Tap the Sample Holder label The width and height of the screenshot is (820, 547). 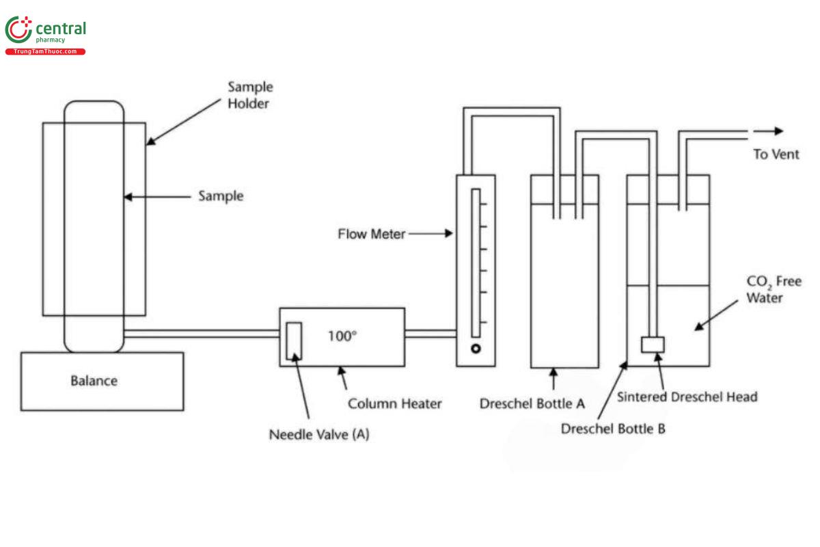click(x=249, y=95)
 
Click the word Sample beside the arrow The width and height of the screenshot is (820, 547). click(x=221, y=196)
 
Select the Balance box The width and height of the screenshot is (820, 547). click(x=102, y=381)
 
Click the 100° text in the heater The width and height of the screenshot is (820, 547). click(x=342, y=336)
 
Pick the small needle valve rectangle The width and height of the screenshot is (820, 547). click(x=294, y=340)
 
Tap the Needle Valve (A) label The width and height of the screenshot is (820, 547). click(x=318, y=434)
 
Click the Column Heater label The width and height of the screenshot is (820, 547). click(x=394, y=403)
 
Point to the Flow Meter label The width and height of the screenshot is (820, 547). click(x=371, y=234)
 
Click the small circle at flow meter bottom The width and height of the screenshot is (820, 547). click(x=476, y=349)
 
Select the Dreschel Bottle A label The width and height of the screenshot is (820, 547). click(x=532, y=403)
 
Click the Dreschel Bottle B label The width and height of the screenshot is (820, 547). click(x=613, y=429)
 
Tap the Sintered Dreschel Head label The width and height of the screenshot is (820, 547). click(x=687, y=397)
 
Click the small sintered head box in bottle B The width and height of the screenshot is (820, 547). click(x=653, y=345)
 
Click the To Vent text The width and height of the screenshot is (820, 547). click(x=776, y=155)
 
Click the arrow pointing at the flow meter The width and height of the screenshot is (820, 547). click(x=430, y=234)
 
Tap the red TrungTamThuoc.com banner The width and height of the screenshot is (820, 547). click(x=45, y=52)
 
